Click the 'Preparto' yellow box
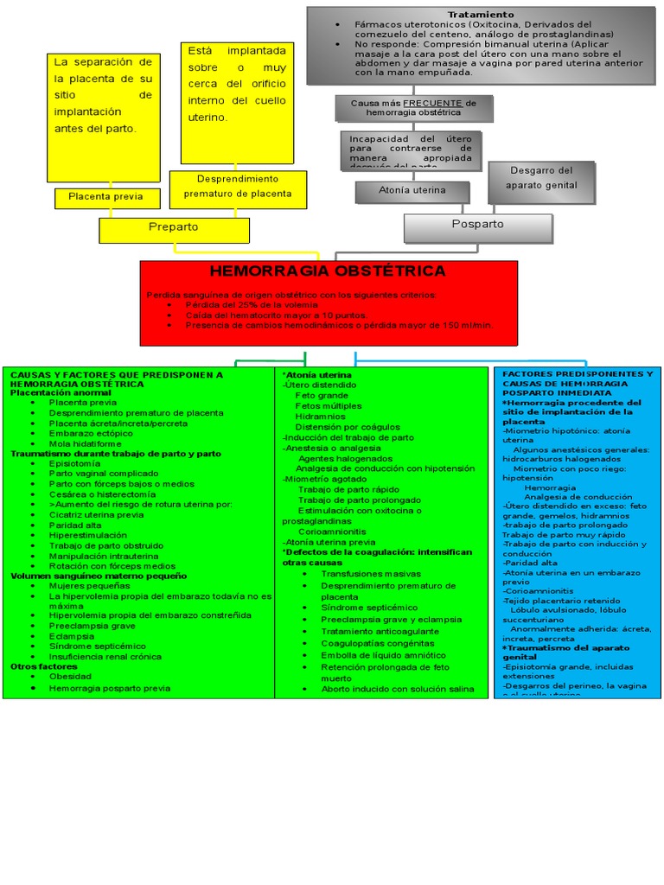[174, 227]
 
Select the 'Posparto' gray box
[478, 225]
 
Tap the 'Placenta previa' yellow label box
[105, 197]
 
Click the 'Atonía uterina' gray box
[412, 190]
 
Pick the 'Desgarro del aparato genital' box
[541, 179]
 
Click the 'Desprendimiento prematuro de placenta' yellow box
[238, 186]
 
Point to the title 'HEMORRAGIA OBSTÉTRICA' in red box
[328, 271]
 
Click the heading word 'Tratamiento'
[481, 15]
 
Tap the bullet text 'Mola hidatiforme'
[86, 443]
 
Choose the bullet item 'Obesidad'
[70, 677]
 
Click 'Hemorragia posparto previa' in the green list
[109, 688]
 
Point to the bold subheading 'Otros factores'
[44, 666]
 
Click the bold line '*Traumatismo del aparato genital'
[567, 653]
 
